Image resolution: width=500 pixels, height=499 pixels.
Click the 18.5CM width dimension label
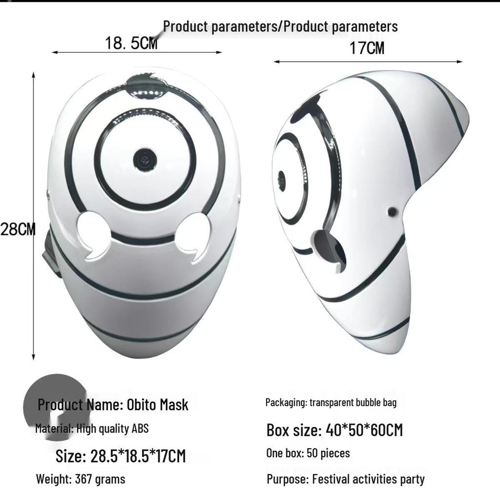coord(131,43)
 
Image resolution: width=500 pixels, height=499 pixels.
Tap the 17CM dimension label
coord(367,48)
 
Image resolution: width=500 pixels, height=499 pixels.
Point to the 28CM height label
coord(18,229)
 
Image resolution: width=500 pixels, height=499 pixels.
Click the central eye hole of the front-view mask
coord(145,161)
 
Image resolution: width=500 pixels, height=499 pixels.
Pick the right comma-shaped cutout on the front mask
coord(193,235)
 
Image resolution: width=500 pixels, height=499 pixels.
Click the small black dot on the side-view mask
coord(392,212)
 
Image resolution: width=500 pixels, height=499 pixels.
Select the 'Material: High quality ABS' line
coord(92,429)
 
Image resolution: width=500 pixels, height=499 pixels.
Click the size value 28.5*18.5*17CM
coord(138,456)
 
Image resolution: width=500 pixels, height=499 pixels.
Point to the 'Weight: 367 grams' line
coord(81,479)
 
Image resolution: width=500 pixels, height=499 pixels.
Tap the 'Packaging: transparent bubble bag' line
coord(331,403)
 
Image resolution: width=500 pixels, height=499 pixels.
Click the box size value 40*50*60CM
coord(362,430)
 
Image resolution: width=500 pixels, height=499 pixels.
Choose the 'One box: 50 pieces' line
coord(308,453)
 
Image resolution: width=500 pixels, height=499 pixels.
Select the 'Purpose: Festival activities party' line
coord(346,479)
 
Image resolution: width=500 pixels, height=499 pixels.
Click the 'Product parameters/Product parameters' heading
coord(280,26)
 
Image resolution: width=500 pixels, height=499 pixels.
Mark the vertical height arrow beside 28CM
coord(33,215)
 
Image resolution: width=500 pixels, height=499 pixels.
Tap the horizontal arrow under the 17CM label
coord(368,62)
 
